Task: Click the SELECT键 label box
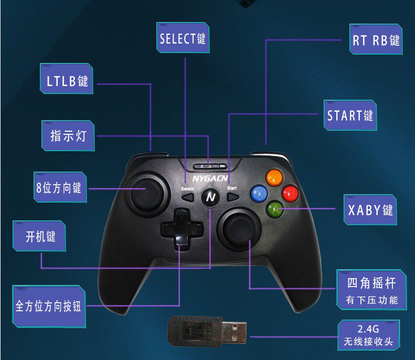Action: click(x=183, y=38)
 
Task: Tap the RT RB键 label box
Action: click(x=376, y=41)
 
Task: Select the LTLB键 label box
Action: click(x=67, y=81)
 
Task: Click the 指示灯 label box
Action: click(x=68, y=136)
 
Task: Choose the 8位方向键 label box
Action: click(x=59, y=187)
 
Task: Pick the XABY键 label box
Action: click(x=370, y=210)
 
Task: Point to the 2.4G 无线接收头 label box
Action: click(x=368, y=336)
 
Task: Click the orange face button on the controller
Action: click(x=273, y=177)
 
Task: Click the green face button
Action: click(x=273, y=210)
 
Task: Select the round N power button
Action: click(x=210, y=197)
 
